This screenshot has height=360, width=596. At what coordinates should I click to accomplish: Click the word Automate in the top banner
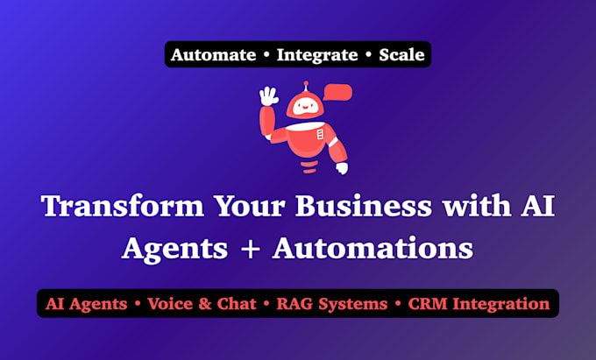tap(213, 54)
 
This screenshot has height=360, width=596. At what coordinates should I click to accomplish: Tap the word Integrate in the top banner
tap(317, 55)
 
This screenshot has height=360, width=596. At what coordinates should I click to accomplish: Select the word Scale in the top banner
tap(401, 54)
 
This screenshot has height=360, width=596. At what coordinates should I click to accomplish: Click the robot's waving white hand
tap(268, 96)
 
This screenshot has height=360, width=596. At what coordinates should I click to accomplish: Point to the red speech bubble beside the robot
tap(338, 93)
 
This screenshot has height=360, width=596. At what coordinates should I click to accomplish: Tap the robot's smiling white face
tap(305, 108)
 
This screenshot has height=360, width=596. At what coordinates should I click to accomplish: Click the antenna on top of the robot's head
tap(306, 86)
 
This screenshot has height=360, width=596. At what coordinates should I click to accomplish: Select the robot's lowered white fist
tap(342, 168)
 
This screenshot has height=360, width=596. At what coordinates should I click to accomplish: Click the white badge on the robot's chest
tap(321, 134)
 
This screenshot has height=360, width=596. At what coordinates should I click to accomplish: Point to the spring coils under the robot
tap(310, 166)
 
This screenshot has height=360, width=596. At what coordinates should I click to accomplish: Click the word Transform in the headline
tap(123, 206)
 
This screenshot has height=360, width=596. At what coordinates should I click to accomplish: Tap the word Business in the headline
tap(364, 206)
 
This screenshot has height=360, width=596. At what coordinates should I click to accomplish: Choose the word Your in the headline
tap(249, 206)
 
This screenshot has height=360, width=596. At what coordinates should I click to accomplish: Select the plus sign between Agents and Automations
tap(250, 249)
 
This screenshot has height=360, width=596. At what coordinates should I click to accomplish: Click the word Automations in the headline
tap(372, 249)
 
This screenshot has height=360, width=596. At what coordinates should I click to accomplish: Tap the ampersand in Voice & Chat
tap(204, 304)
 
